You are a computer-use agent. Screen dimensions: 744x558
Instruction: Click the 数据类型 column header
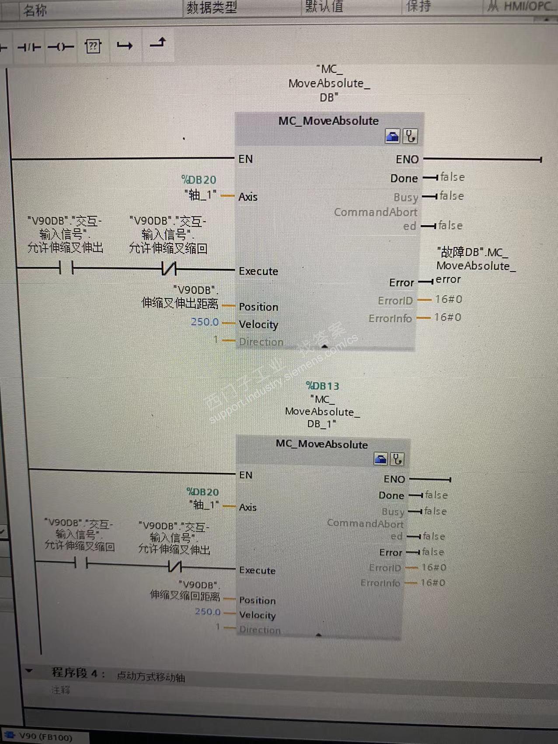point(212,7)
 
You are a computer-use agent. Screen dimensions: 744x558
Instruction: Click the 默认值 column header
point(324,7)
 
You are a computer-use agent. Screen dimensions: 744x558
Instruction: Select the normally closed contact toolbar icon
point(29,47)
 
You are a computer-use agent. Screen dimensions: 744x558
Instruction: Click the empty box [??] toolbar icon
point(93,46)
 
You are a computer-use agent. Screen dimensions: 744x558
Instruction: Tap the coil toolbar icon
point(61,47)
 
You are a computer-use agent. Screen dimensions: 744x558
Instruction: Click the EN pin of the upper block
point(245,159)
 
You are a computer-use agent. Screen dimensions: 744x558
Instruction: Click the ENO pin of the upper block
point(407,160)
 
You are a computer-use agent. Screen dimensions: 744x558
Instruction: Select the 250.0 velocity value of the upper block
point(205,322)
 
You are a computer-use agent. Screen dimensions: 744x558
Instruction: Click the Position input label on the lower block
point(257,600)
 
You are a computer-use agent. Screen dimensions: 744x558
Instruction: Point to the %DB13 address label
point(323,386)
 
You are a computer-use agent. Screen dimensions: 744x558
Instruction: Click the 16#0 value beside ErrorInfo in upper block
point(447,317)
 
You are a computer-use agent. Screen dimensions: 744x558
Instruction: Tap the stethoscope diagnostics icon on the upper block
point(410,136)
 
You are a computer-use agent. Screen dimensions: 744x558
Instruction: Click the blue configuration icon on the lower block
point(380,459)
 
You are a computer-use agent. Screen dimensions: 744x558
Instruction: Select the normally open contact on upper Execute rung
point(66,268)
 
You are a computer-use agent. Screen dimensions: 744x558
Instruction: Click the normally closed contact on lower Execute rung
point(175,567)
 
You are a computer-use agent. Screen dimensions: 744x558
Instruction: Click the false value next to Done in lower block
point(436,495)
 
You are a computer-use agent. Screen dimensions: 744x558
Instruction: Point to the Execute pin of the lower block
point(257,570)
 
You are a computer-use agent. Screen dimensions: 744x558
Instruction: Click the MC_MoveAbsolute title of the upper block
point(328,121)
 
